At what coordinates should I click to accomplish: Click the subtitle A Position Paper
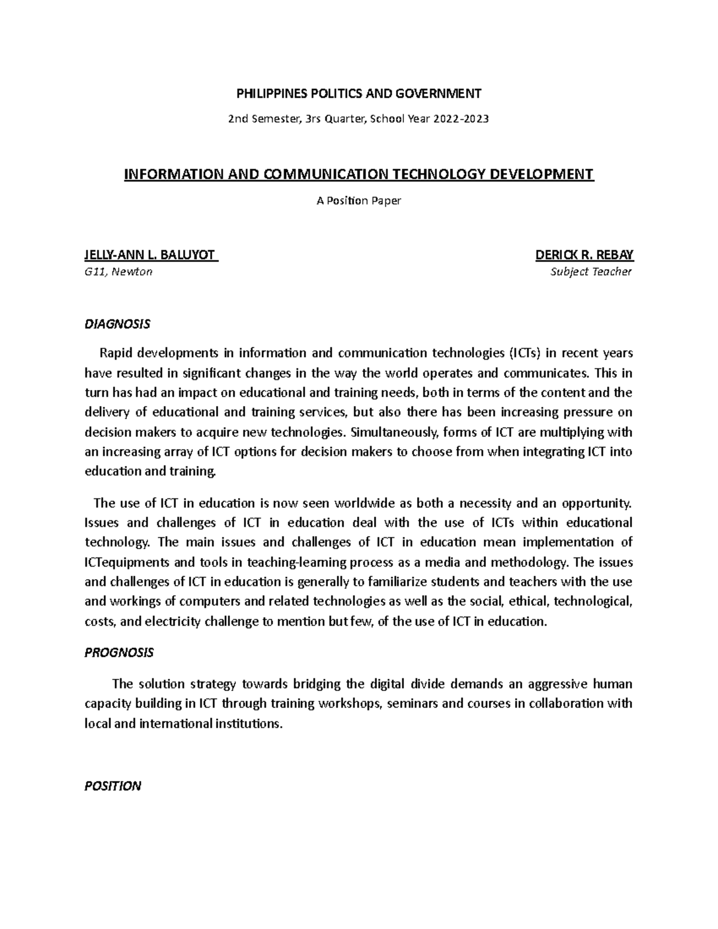(358, 200)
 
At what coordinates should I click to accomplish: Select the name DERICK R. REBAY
(585, 255)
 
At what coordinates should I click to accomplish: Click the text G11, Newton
(118, 272)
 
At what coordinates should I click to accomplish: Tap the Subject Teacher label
(591, 272)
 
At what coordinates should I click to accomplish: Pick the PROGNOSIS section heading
(119, 653)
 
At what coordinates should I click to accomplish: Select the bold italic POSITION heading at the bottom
(113, 786)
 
